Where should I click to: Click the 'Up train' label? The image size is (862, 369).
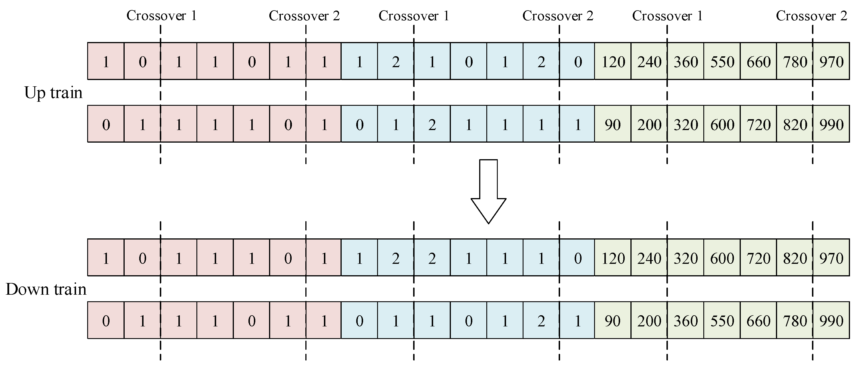pyautogui.click(x=53, y=93)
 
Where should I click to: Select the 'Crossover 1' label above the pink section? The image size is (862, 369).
pyautogui.click(x=162, y=16)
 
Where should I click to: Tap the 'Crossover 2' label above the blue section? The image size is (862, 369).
pyautogui.click(x=558, y=16)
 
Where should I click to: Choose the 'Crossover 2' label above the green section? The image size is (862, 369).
pyautogui.click(x=811, y=16)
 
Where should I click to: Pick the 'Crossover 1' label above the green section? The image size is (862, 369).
pyautogui.click(x=668, y=16)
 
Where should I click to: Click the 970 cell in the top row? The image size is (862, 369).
pyautogui.click(x=831, y=61)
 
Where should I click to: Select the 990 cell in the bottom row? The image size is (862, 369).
pyautogui.click(x=831, y=321)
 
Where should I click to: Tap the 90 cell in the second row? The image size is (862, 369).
pyautogui.click(x=613, y=124)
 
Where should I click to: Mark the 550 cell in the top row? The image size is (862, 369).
pyautogui.click(x=722, y=61)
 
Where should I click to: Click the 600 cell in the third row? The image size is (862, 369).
pyautogui.click(x=722, y=258)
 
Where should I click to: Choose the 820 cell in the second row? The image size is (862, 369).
pyautogui.click(x=795, y=124)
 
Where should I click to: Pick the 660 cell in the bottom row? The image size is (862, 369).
pyautogui.click(x=759, y=321)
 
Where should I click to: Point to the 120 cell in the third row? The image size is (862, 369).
pyautogui.click(x=613, y=258)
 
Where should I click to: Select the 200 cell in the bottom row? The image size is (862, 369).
pyautogui.click(x=649, y=321)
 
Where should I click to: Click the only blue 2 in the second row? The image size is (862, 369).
pyautogui.click(x=432, y=124)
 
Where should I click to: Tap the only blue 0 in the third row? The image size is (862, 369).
pyautogui.click(x=578, y=258)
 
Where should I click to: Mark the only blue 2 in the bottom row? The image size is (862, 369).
pyautogui.click(x=542, y=321)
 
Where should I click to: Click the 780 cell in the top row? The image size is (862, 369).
pyautogui.click(x=795, y=61)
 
